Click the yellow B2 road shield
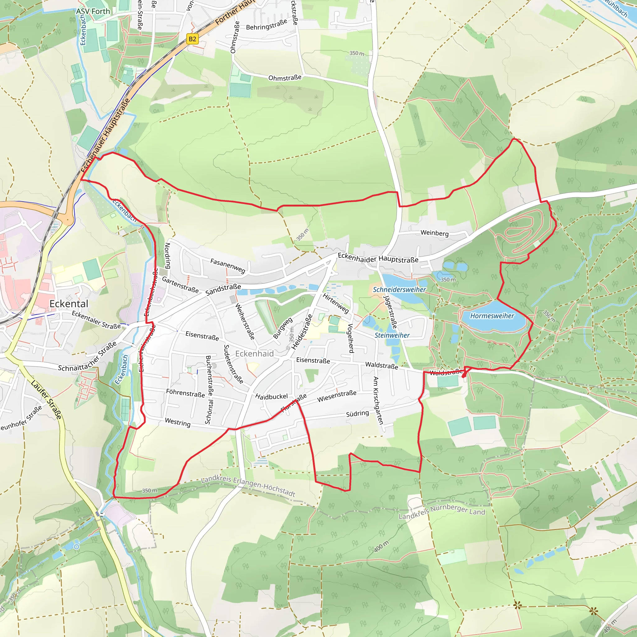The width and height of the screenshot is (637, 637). [x=192, y=39]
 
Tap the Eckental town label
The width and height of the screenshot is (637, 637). [x=69, y=304]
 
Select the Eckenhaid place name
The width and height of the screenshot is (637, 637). [x=254, y=354]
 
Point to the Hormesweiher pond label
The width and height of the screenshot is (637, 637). [x=492, y=316]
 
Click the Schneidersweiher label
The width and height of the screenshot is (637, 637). [x=399, y=290]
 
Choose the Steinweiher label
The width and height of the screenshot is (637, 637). [x=392, y=335]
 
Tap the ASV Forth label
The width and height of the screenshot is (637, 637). [x=93, y=12]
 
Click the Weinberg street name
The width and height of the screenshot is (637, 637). [x=435, y=233]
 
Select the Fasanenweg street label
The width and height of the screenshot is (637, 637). [x=228, y=266]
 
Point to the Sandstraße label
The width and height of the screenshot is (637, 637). [x=223, y=290]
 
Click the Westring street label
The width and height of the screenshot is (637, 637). [x=178, y=422]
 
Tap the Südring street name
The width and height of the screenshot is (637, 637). [x=357, y=413]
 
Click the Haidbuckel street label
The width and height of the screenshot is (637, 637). [x=271, y=396]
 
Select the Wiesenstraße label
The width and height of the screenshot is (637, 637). [x=337, y=396]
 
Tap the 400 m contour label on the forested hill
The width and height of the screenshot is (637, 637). [x=381, y=546]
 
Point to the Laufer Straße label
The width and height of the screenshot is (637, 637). [x=46, y=399]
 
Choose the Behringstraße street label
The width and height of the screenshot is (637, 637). [x=267, y=25]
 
